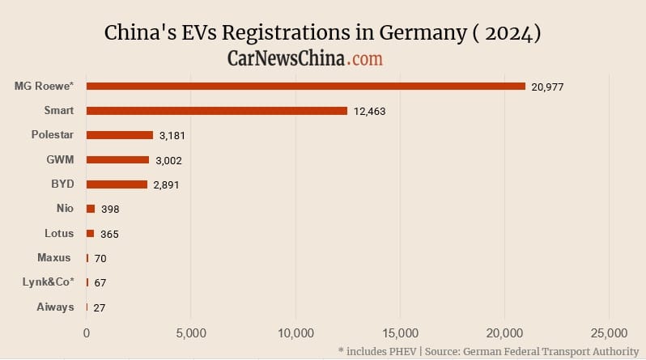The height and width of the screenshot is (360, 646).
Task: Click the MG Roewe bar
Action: (306, 86)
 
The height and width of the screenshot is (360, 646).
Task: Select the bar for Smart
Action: (217, 111)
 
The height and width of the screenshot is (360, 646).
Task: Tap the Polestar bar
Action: (120, 135)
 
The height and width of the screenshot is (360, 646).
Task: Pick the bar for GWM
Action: (118, 160)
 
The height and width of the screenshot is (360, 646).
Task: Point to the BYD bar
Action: (117, 184)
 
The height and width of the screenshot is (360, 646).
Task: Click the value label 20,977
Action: (547, 87)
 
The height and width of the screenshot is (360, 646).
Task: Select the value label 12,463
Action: (369, 111)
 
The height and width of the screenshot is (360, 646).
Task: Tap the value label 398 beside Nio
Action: (110, 210)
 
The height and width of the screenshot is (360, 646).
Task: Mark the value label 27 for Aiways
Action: (100, 307)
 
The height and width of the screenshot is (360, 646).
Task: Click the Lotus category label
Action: (59, 233)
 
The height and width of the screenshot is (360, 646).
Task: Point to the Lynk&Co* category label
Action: (49, 282)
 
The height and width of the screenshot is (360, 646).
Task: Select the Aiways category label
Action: (56, 307)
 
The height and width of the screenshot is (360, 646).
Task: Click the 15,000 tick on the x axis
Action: (400, 333)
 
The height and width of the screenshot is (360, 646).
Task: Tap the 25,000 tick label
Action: (608, 333)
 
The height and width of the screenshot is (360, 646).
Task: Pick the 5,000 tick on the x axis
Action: (190, 333)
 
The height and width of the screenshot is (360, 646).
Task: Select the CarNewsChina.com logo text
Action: (305, 58)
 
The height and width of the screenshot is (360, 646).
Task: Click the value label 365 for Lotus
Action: (110, 234)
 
